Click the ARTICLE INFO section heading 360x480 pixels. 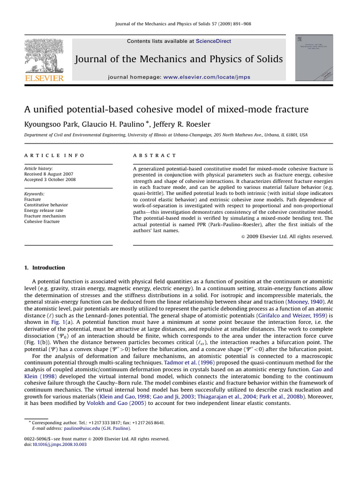tap(54, 155)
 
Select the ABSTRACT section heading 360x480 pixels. tap(155, 155)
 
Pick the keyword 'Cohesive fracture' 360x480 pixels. tap(42, 222)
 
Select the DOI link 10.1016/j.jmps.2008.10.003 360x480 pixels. tap(60, 444)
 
